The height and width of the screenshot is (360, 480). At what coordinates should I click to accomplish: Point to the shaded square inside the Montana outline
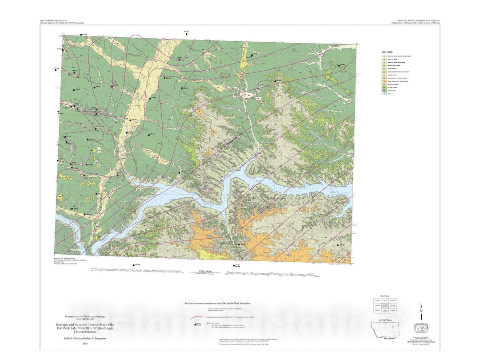tap(393, 328)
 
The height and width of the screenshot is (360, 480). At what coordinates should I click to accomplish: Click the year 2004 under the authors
tap(79, 344)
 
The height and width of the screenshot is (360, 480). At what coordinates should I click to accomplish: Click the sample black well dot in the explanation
tap(196, 324)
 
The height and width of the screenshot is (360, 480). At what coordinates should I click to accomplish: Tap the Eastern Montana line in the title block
tap(80, 332)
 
